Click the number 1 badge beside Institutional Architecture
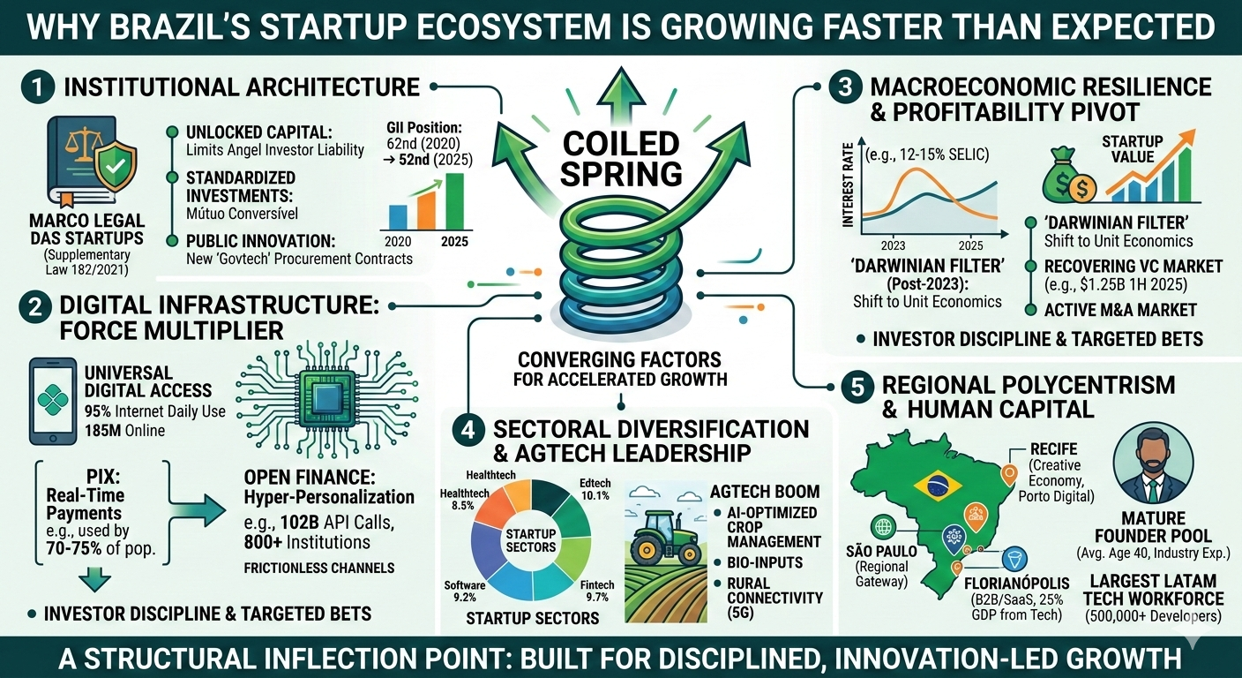click(x=38, y=87)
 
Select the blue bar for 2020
click(x=398, y=217)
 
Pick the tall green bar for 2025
click(x=454, y=201)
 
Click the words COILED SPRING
click(x=621, y=159)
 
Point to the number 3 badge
click(x=844, y=87)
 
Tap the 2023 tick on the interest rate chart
click(x=893, y=245)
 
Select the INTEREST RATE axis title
click(x=847, y=185)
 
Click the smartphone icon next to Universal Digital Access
click(x=53, y=401)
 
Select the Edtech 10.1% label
click(x=595, y=489)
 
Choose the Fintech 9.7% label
click(x=597, y=591)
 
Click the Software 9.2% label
click(x=465, y=591)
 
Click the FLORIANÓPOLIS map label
click(x=1016, y=584)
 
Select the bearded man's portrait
click(x=1153, y=463)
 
